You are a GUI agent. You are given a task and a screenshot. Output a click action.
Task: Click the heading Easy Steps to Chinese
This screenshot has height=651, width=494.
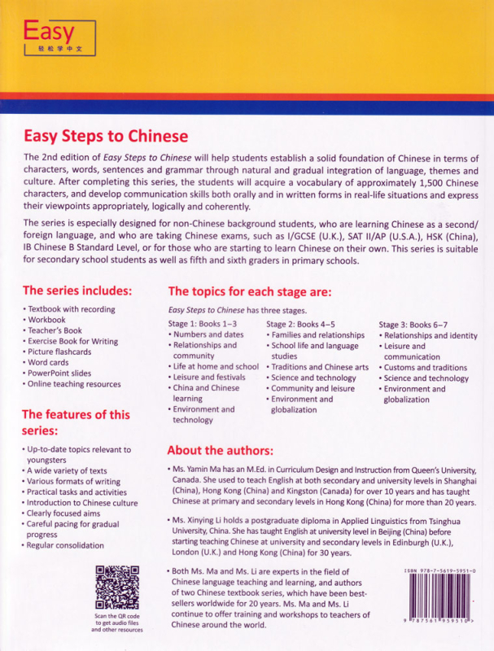point(106,137)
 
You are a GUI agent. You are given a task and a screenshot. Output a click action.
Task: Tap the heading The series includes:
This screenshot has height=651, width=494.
point(77,291)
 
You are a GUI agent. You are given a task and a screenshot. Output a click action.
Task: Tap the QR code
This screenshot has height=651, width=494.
point(114,601)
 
